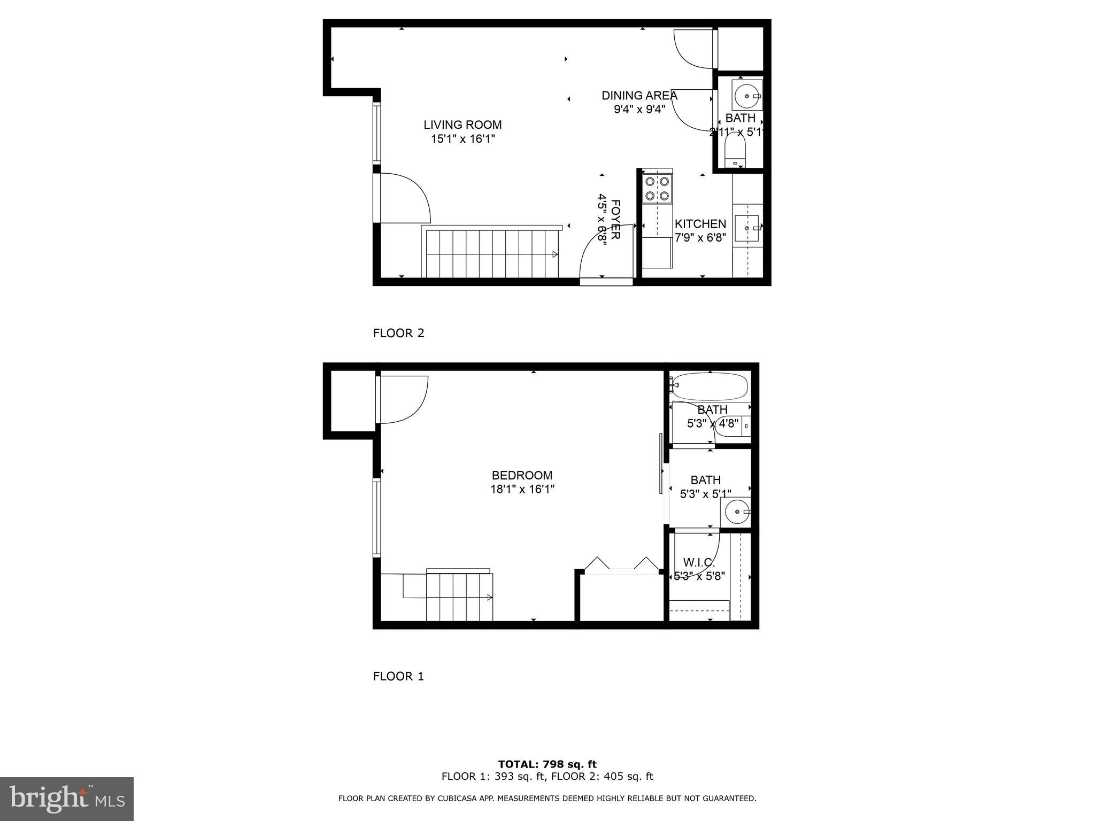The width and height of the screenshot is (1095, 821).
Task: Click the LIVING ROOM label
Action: click(462, 125)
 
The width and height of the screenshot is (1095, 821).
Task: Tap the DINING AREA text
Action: click(639, 96)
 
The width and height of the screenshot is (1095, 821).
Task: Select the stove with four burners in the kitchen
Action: click(657, 189)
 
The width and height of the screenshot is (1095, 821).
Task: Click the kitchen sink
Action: click(746, 228)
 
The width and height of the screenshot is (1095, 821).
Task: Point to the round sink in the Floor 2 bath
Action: click(746, 96)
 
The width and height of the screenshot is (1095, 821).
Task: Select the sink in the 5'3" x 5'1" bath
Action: click(737, 512)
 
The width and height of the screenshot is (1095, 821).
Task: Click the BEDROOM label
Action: click(522, 475)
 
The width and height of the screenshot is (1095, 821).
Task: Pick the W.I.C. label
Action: click(699, 562)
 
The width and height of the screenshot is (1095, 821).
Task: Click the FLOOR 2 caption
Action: click(398, 333)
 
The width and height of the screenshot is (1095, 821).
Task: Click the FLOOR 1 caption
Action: click(398, 676)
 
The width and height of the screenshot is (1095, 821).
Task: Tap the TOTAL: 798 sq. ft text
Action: click(547, 764)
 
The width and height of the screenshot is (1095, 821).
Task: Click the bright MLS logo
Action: click(67, 799)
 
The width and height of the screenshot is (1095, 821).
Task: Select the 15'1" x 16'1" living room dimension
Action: click(463, 139)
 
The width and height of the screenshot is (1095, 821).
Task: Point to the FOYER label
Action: click(615, 220)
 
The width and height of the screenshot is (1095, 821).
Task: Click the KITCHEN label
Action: click(700, 224)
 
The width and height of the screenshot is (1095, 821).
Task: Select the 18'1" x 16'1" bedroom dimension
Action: click(522, 489)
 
